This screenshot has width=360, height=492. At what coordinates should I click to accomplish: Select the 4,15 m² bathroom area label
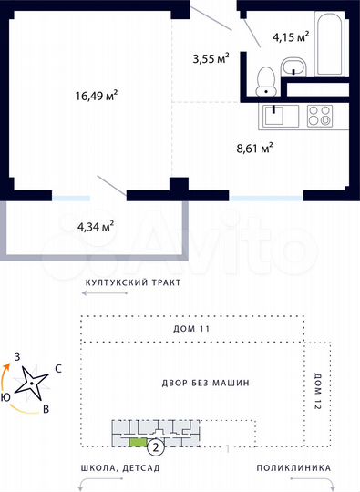click(x=291, y=37)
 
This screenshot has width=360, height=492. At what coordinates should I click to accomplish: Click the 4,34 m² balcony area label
click(x=96, y=224)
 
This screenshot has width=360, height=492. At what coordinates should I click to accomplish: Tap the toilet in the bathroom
click(x=267, y=81)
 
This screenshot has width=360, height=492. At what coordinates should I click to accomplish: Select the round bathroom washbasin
click(x=294, y=65)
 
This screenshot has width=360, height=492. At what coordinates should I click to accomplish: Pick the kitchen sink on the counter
click(x=275, y=117)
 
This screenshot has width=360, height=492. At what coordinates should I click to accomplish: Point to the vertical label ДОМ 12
click(x=317, y=390)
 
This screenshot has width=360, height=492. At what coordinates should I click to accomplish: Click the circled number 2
click(x=156, y=446)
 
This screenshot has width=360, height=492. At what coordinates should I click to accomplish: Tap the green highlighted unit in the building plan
click(x=138, y=443)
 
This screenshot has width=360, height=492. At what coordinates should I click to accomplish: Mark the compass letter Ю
click(x=6, y=396)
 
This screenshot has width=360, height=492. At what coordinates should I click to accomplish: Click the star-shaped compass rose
click(x=35, y=383)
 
